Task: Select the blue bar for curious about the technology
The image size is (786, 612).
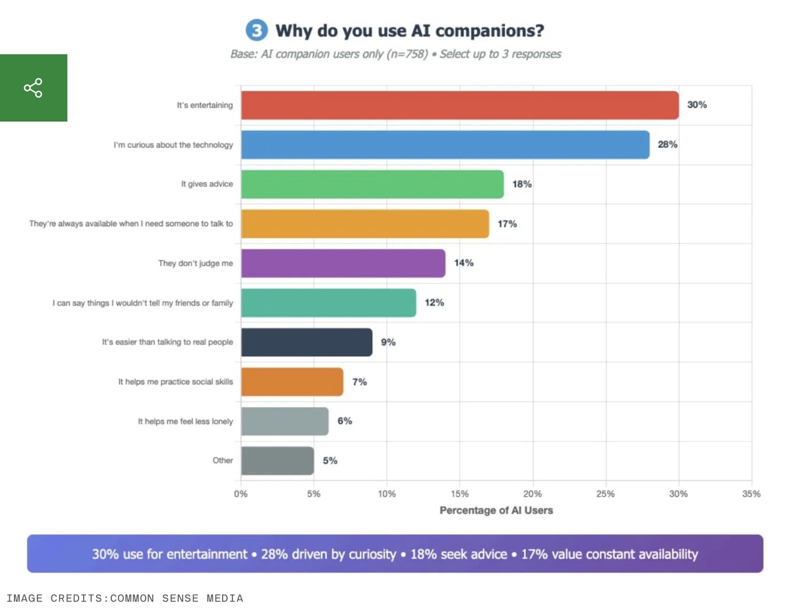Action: pyautogui.click(x=445, y=145)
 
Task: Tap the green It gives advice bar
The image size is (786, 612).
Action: pyautogui.click(x=372, y=184)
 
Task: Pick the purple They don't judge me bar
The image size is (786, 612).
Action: pyautogui.click(x=343, y=263)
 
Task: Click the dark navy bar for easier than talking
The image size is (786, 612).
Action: pyautogui.click(x=307, y=342)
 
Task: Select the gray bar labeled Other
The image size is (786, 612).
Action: pyautogui.click(x=277, y=461)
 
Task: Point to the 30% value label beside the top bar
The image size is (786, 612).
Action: pyautogui.click(x=697, y=105)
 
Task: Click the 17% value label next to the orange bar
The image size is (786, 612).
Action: pyautogui.click(x=507, y=224)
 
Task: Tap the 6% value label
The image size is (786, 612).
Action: pyautogui.click(x=345, y=421)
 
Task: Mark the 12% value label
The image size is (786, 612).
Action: pyautogui.click(x=434, y=302)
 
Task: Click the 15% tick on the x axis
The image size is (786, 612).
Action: pyautogui.click(x=460, y=494)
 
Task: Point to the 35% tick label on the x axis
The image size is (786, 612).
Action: pyautogui.click(x=751, y=494)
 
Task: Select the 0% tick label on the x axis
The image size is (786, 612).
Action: pyautogui.click(x=241, y=494)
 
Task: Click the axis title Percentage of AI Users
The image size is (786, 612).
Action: pyautogui.click(x=496, y=511)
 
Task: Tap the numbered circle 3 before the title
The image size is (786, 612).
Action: pyautogui.click(x=257, y=31)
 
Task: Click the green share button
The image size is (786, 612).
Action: pyautogui.click(x=33, y=88)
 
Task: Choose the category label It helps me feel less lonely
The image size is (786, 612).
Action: pyautogui.click(x=185, y=422)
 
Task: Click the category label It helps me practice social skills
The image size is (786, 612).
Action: pyautogui.click(x=176, y=382)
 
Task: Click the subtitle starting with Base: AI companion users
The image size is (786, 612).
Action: pyautogui.click(x=396, y=54)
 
